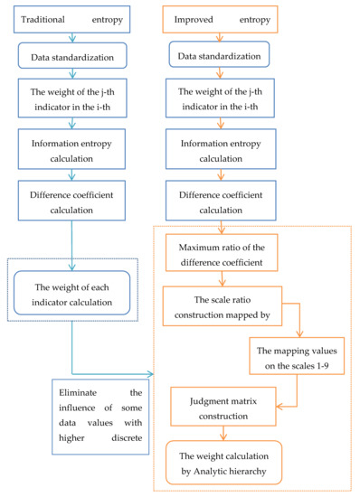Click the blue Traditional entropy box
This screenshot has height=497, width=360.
[x=70, y=18]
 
